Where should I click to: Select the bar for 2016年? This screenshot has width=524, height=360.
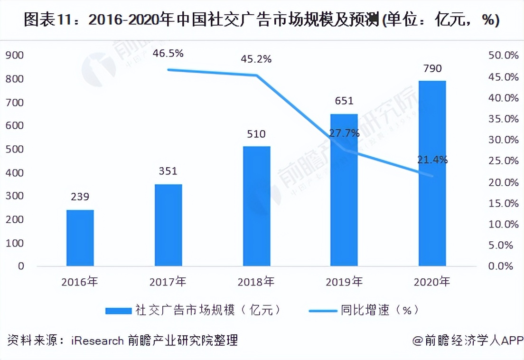click(80, 237)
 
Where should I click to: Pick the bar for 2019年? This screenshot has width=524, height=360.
click(344, 189)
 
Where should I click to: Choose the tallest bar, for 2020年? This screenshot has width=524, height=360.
click(432, 173)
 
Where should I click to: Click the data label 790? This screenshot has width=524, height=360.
click(432, 69)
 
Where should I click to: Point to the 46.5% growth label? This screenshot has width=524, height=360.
click(168, 53)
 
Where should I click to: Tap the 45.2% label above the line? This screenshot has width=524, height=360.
click(256, 59)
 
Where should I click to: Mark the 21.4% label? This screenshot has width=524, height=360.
click(432, 160)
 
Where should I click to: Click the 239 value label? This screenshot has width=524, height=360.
click(80, 197)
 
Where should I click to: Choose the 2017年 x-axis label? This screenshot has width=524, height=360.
click(168, 282)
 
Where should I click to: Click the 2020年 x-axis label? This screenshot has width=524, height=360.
click(432, 282)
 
